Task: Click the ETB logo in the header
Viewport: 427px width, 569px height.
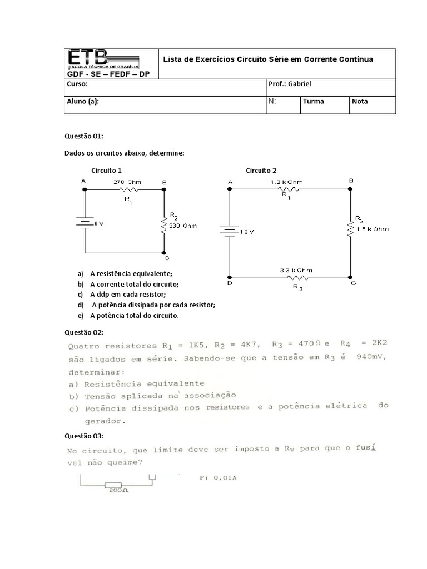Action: pos(103,60)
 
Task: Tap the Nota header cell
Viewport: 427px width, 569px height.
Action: pos(360,102)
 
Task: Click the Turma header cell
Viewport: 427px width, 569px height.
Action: pos(314,102)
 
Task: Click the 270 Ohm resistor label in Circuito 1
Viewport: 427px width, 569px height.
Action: pos(127,182)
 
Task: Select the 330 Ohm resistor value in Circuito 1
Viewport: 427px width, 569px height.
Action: pos(182,226)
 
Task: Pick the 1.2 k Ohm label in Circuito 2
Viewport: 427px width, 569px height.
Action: pos(287,182)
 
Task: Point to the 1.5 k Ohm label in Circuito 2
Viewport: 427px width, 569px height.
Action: pos(373,229)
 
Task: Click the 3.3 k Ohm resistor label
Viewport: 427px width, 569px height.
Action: pos(296,271)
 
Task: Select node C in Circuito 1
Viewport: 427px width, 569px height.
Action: pos(167,258)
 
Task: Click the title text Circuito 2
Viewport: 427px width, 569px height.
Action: pos(261,171)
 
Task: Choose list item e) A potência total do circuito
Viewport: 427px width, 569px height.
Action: pos(133,315)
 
